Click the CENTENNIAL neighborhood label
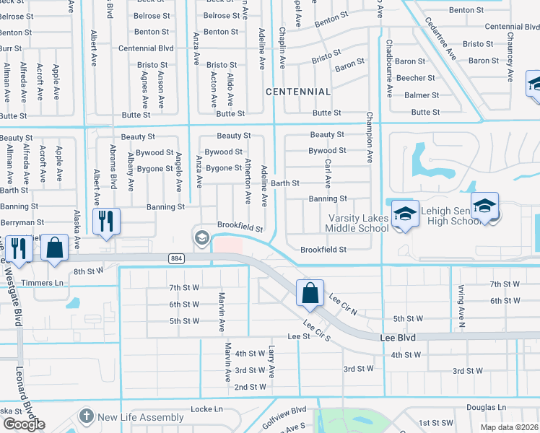pyautogui.click(x=298, y=92)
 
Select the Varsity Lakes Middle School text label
pyautogui.click(x=358, y=223)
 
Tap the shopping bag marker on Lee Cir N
pyautogui.click(x=310, y=293)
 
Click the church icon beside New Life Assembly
pyautogui.click(x=87, y=416)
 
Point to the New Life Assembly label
pyautogui.click(x=141, y=417)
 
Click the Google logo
pyautogui.click(x=23, y=424)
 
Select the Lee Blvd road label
pyautogui.click(x=401, y=337)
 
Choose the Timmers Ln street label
pyautogui.click(x=38, y=283)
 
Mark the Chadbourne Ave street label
pyautogui.click(x=388, y=69)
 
